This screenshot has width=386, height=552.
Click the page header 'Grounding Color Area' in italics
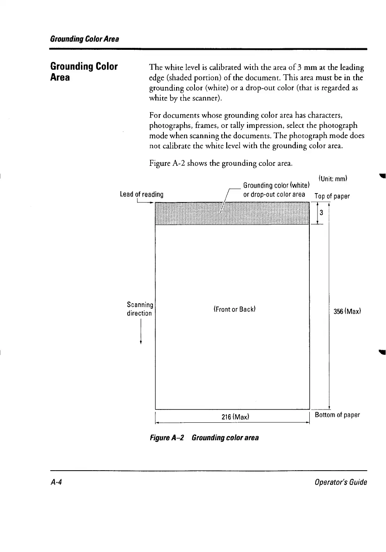(x=84, y=39)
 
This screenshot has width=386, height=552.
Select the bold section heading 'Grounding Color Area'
(x=84, y=72)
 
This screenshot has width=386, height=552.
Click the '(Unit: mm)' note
(x=333, y=179)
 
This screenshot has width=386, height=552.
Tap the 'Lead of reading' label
(x=142, y=194)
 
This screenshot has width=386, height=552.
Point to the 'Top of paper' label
(x=332, y=196)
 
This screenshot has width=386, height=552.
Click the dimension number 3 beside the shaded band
(x=321, y=213)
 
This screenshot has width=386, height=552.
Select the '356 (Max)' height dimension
(x=347, y=311)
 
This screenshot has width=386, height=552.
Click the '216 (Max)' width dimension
(x=235, y=417)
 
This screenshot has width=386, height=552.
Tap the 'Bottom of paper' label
(x=337, y=415)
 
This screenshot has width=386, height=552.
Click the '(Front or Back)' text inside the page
(x=234, y=309)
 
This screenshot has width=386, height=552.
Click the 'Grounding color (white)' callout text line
(x=276, y=185)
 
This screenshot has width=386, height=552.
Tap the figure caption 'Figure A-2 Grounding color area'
(x=204, y=438)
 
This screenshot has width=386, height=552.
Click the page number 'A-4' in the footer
(x=57, y=482)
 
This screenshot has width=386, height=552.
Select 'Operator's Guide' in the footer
(x=341, y=482)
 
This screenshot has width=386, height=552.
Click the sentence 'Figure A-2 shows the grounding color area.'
(x=221, y=163)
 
